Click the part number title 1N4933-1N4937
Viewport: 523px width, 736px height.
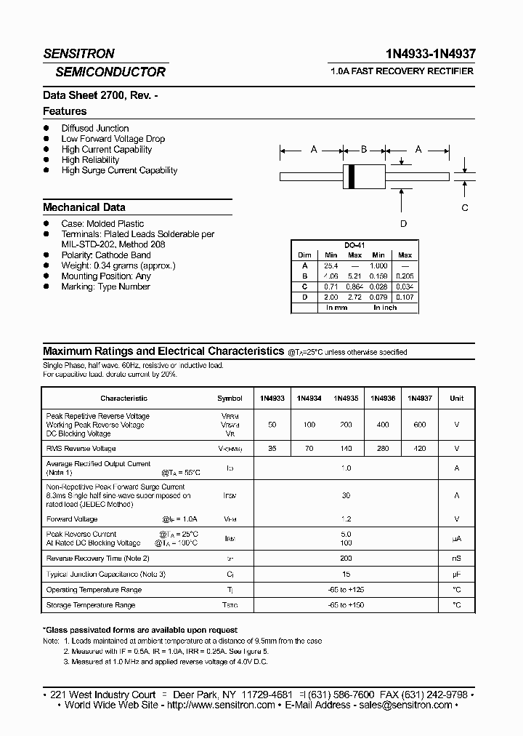click(x=432, y=54)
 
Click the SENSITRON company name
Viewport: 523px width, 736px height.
click(x=78, y=54)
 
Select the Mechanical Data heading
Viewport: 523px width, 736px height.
click(x=84, y=207)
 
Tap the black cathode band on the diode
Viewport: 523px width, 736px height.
click(x=353, y=176)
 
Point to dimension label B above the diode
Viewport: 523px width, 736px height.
click(x=364, y=149)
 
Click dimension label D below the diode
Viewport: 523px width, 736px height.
click(x=404, y=223)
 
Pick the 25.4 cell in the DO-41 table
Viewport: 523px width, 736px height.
click(x=331, y=266)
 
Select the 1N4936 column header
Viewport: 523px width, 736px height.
click(x=383, y=399)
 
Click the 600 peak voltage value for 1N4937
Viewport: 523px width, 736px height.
click(x=419, y=425)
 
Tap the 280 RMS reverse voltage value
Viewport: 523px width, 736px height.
click(x=383, y=449)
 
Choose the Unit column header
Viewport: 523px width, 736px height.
click(x=456, y=399)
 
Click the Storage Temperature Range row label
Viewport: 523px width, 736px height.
click(x=91, y=605)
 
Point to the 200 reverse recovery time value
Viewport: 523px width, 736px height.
click(x=346, y=559)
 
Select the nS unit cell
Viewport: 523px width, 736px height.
click(x=456, y=559)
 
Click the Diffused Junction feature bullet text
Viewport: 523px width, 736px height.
click(x=95, y=128)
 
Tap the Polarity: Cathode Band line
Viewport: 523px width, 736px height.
click(x=106, y=255)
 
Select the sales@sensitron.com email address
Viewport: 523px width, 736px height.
click(x=405, y=705)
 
